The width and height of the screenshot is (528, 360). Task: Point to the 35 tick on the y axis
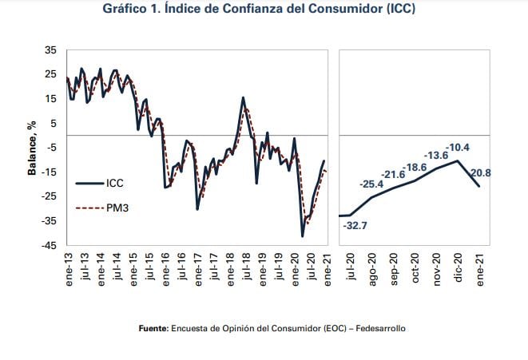[50, 49]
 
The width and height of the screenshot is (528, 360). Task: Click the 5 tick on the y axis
[53, 123]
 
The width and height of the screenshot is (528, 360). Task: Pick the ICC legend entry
[114, 183]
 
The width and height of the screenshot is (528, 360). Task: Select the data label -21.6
[393, 175]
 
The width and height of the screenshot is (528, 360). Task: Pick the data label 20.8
[481, 172]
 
